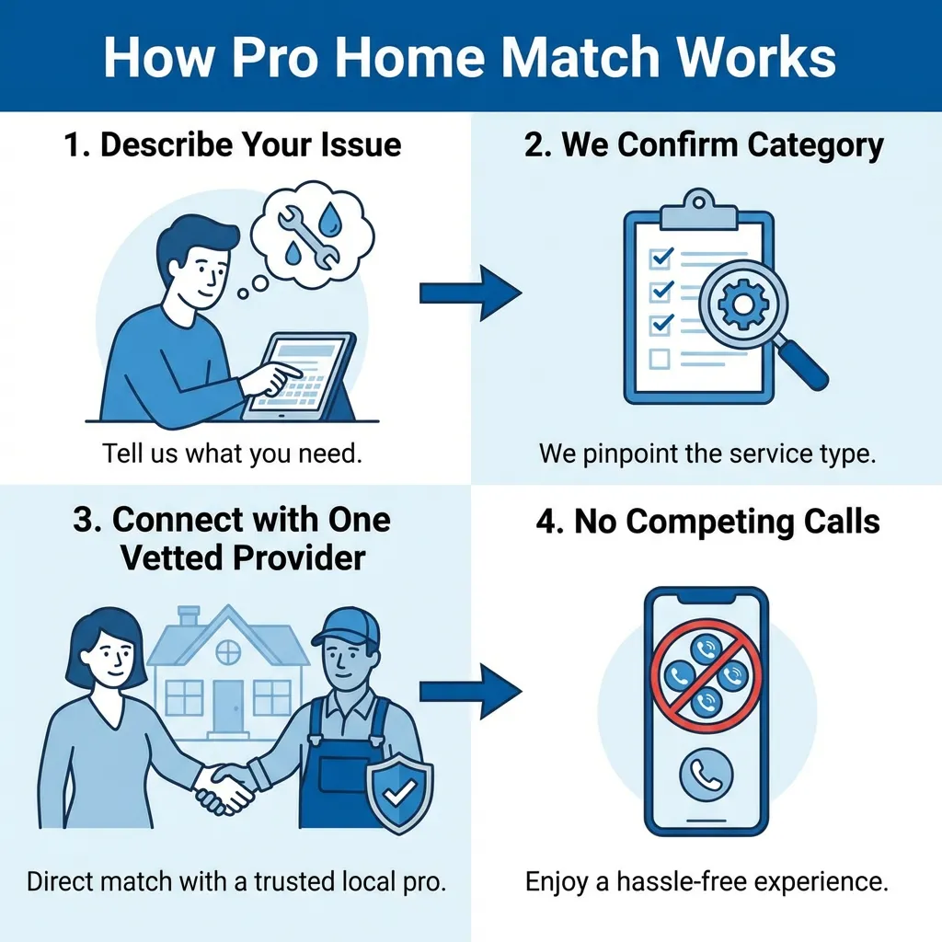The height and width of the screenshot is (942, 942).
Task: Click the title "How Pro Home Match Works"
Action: (470, 57)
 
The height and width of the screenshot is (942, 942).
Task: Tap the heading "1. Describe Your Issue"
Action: (234, 145)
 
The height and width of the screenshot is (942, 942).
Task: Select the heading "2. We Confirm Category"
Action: (704, 145)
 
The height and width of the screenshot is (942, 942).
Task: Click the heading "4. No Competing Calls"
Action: (708, 522)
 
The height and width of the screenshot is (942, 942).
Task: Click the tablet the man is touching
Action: (296, 375)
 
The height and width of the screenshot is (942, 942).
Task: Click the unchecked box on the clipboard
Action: (659, 357)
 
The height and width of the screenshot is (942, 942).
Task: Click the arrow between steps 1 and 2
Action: (470, 294)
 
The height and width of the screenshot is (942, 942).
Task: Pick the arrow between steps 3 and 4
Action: (470, 690)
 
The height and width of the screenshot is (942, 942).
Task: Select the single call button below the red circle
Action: (706, 776)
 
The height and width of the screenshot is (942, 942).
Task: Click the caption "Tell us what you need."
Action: (230, 454)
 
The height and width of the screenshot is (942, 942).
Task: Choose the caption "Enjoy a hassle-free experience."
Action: (706, 882)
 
